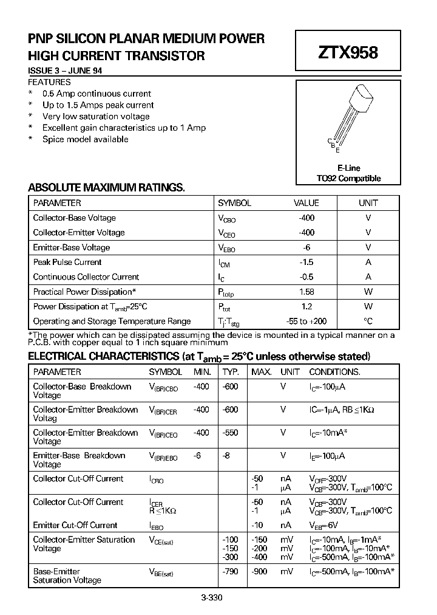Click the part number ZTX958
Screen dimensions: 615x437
pos(348,53)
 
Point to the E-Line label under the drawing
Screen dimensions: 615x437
pos(348,168)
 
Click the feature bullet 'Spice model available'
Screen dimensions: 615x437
pos(85,139)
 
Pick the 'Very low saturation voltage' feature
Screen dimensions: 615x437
pos(96,116)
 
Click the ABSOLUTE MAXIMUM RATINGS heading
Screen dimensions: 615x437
pos(106,187)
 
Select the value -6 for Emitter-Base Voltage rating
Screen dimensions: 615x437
pos(307,247)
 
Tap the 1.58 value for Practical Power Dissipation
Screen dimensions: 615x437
pos(307,292)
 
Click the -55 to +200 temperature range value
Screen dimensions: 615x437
pos(307,321)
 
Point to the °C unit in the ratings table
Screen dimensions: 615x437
pos(368,321)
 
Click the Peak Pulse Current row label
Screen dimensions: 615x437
pos(67,262)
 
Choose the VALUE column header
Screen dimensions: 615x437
pos(307,203)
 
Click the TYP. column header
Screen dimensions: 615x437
pos(231,372)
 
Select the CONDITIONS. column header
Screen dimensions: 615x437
pos(334,372)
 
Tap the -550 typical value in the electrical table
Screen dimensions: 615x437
pos(230,433)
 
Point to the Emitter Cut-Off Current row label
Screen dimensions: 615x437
pos(75,525)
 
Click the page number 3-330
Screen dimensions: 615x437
pos(212,597)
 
